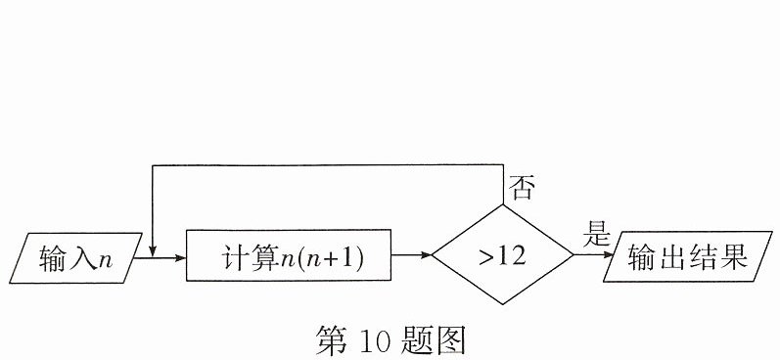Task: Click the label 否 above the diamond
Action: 522,188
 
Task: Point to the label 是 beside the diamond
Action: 596,234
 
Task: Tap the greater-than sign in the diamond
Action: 487,257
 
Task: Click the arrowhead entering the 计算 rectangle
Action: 180,258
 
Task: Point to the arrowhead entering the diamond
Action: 426,255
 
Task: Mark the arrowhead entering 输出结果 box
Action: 609,254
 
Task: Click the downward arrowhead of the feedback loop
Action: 153,251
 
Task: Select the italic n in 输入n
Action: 106,261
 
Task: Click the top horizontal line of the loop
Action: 328,165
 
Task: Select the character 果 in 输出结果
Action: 734,257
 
